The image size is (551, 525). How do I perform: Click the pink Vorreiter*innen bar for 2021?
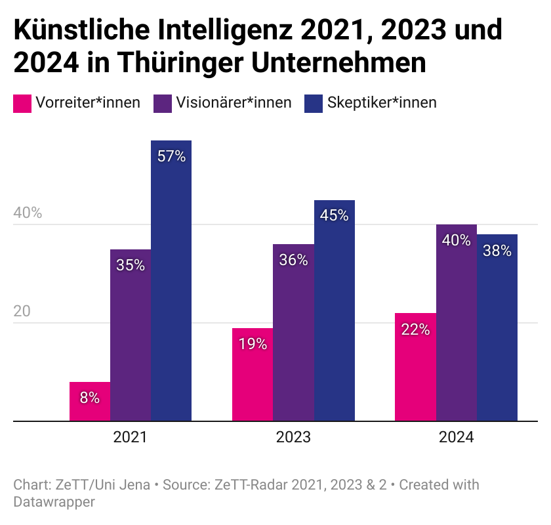[x=90, y=402]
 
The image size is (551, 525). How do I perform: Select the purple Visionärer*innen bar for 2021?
[x=131, y=335]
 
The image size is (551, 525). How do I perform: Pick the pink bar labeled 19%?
[x=253, y=374]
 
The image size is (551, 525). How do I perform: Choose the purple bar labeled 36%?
[x=293, y=332]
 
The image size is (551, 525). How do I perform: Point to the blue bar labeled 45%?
[x=334, y=310]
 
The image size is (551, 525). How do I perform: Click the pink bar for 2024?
[x=415, y=367]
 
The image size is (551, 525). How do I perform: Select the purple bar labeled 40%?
[x=456, y=323]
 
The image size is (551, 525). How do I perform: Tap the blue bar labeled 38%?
[x=497, y=327]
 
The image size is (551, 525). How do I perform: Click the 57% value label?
[x=171, y=157]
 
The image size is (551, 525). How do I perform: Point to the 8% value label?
[x=90, y=398]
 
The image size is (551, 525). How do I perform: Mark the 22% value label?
[x=415, y=329]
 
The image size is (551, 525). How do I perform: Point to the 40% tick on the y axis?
[x=28, y=213]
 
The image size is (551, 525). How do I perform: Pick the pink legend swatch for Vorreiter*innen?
[x=22, y=103]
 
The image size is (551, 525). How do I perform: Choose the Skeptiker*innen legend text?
[x=382, y=103]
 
